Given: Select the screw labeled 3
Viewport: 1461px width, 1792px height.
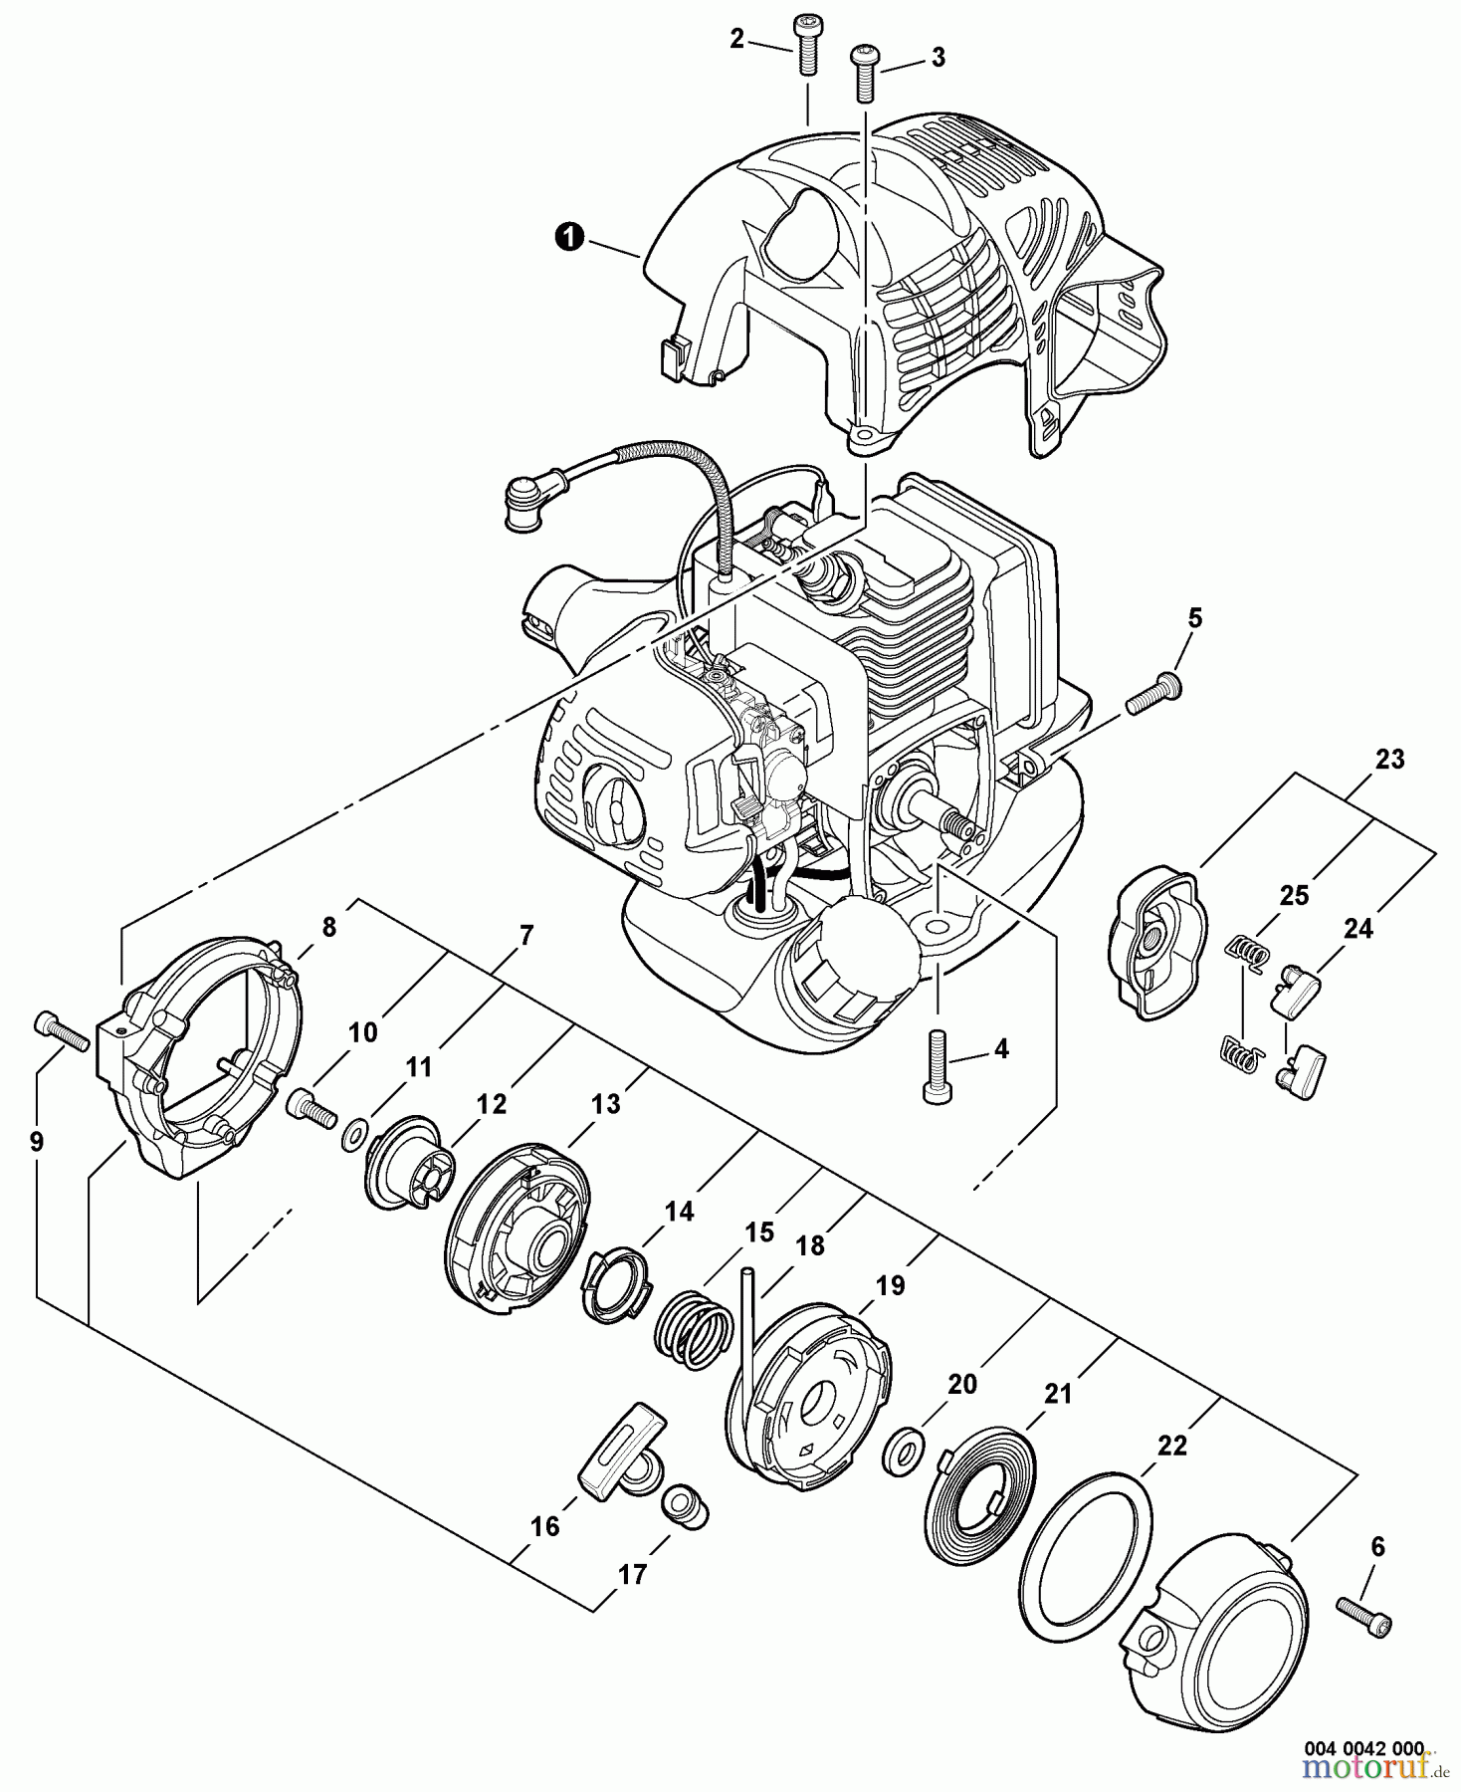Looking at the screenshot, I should (x=864, y=72).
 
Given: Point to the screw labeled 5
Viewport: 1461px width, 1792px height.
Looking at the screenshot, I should (x=1155, y=694).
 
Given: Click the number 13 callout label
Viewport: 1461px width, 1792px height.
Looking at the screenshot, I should (x=605, y=1103).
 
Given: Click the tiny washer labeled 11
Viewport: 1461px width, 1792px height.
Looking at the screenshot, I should (x=353, y=1136).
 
